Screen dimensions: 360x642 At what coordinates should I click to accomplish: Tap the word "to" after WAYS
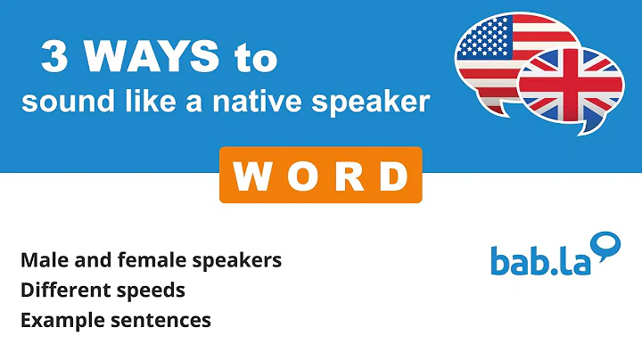pyautogui.click(x=253, y=60)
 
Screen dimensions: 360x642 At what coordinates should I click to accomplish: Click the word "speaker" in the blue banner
pyautogui.click(x=377, y=104)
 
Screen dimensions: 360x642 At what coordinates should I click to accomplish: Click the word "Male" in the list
pyautogui.click(x=42, y=260)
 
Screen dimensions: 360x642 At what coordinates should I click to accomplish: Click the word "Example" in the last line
pyautogui.click(x=59, y=319)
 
